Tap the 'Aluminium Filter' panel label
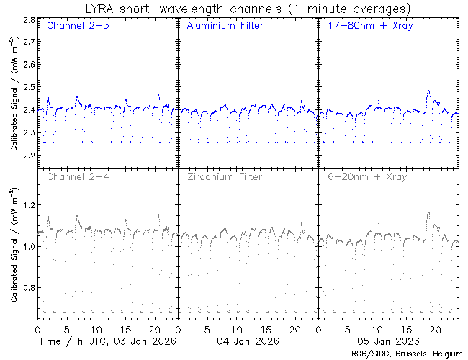pyautogui.click(x=219, y=27)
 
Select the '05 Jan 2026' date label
pyautogui.click(x=387, y=341)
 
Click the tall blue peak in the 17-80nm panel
pyautogui.click(x=428, y=91)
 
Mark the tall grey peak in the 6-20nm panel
pyautogui.click(x=428, y=213)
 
